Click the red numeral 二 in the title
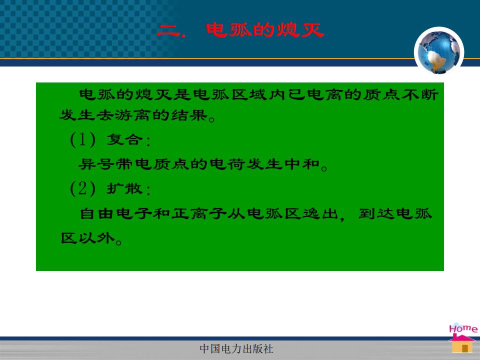pyautogui.click(x=168, y=30)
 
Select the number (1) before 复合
pyautogui.click(x=82, y=139)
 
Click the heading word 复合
pyautogui.click(x=124, y=140)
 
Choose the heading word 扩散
pyautogui.click(x=124, y=188)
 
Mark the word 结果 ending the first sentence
pyautogui.click(x=189, y=115)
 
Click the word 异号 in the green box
pyautogui.click(x=96, y=164)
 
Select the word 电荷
pyautogui.click(x=227, y=164)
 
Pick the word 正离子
pyautogui.click(x=189, y=213)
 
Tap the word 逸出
pyautogui.click(x=320, y=213)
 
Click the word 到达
pyautogui.click(x=376, y=213)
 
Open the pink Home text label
pyautogui.click(x=463, y=328)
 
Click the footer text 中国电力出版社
pyautogui.click(x=236, y=348)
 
